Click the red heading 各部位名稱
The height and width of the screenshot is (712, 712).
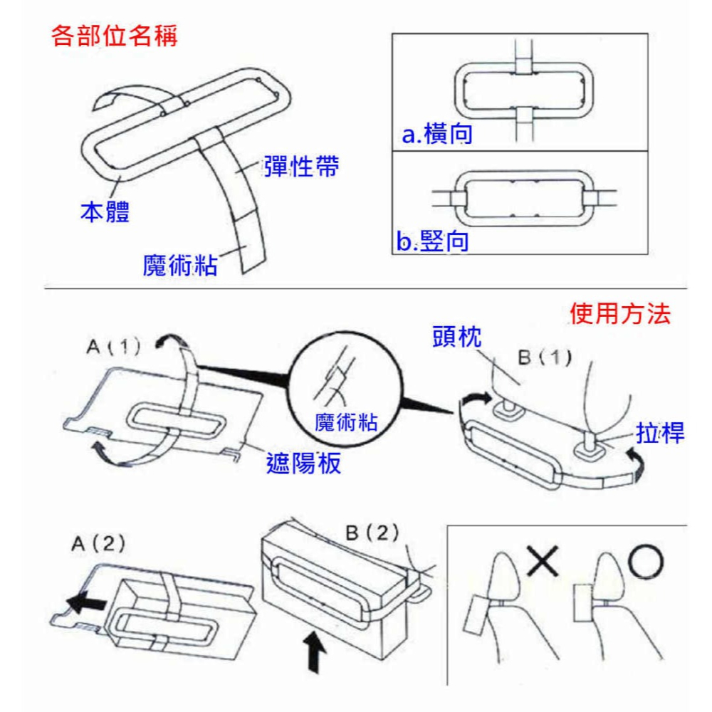(115, 35)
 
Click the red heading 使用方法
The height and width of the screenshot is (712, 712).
(620, 314)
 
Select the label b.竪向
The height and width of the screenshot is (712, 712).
(434, 241)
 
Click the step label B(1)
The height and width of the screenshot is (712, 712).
(545, 357)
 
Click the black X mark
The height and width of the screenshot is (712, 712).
(543, 560)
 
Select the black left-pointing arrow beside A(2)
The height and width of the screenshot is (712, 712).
(85, 603)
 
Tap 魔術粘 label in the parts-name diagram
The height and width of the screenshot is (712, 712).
(180, 266)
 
